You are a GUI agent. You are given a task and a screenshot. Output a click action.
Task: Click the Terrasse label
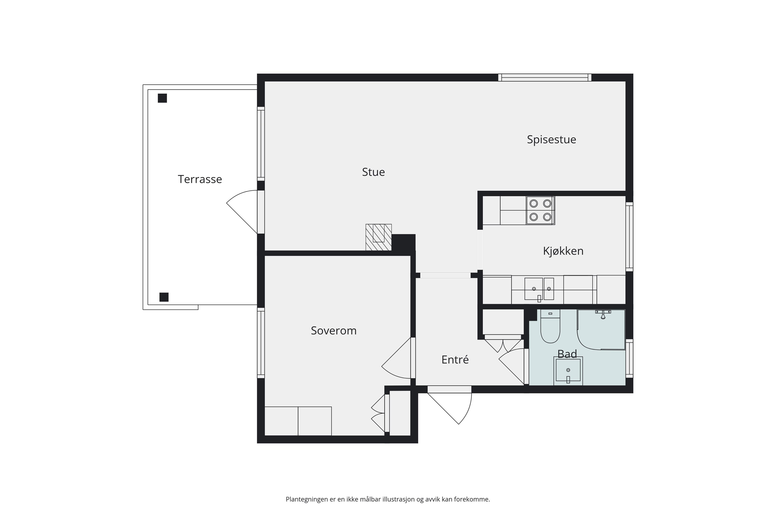[200, 179]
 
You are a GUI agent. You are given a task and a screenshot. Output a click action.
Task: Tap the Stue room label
[373, 172]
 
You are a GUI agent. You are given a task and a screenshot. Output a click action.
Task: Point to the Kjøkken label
[563, 251]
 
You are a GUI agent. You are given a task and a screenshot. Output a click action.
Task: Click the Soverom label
[334, 331]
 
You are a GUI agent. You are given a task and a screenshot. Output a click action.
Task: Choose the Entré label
[455, 359]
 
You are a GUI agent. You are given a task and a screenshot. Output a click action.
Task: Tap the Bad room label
[567, 354]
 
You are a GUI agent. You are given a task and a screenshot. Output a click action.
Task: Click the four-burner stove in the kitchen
[540, 210]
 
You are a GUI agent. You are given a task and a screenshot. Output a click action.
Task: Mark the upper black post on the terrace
[162, 98]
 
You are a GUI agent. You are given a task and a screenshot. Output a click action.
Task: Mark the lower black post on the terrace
[164, 297]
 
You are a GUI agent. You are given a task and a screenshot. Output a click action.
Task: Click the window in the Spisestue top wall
[545, 78]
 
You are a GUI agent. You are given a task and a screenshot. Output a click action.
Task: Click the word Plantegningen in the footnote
[307, 499]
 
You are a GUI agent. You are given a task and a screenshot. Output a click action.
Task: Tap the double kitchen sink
[539, 289]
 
